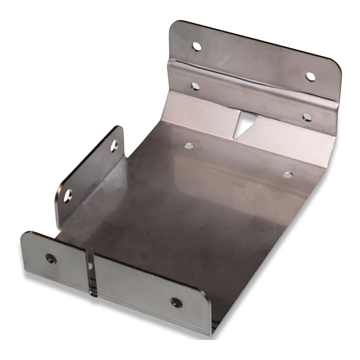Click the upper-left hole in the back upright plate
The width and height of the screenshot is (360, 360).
[x=197, y=46]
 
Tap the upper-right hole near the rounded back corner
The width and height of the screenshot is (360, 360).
[x=311, y=77]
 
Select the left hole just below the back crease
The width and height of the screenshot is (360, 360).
[x=195, y=86]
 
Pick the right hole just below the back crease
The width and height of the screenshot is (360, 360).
[x=307, y=117]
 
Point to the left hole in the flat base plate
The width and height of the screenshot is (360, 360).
[x=189, y=146]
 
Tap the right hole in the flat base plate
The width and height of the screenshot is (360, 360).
[x=288, y=175]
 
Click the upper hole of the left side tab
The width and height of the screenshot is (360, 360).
[x=114, y=146]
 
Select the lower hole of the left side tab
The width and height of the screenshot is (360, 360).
[x=68, y=195]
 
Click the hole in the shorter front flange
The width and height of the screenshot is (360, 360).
[x=51, y=259]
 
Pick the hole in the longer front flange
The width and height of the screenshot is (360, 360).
[x=176, y=302]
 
